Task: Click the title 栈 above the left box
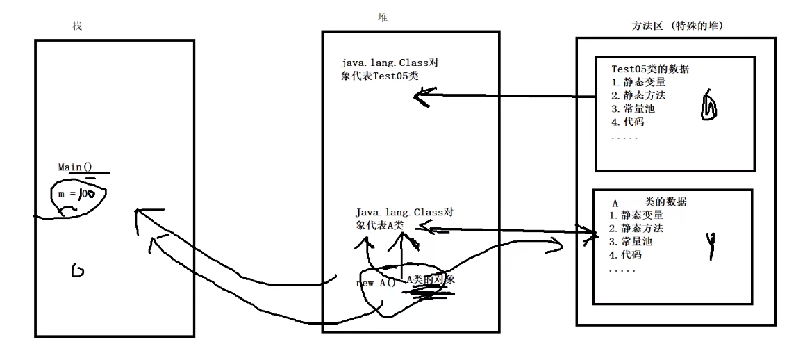[77, 26]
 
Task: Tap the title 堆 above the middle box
[383, 17]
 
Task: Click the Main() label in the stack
[75, 167]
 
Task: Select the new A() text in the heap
[375, 283]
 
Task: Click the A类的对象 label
[430, 279]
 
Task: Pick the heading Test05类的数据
[654, 69]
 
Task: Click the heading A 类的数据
[649, 202]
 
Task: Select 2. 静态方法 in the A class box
[636, 229]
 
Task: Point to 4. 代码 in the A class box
[625, 255]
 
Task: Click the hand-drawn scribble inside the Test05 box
[711, 105]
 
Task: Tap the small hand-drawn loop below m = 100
[78, 270]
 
